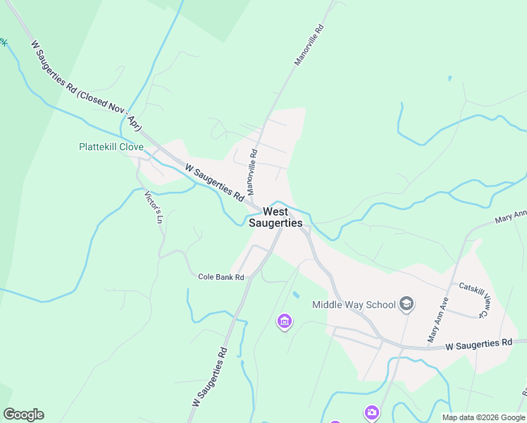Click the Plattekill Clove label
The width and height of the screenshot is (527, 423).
pos(111,147)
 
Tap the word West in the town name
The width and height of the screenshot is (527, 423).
pos(275,211)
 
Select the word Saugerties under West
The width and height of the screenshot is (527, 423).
pos(275,223)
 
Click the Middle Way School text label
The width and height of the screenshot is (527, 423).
pos(354,305)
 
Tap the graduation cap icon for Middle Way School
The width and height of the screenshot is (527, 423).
pos(406,304)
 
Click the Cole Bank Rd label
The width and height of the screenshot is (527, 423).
pos(221,278)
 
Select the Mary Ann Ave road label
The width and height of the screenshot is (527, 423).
pos(438,320)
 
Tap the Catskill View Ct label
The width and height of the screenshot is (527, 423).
pos(473,300)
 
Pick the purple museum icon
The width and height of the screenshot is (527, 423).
pos(285,322)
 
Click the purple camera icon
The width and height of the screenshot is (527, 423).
pos(371,412)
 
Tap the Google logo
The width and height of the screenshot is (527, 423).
pos(23,415)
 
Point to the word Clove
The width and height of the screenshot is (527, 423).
pos(131,147)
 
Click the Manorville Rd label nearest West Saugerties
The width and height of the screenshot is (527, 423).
pos(252,173)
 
